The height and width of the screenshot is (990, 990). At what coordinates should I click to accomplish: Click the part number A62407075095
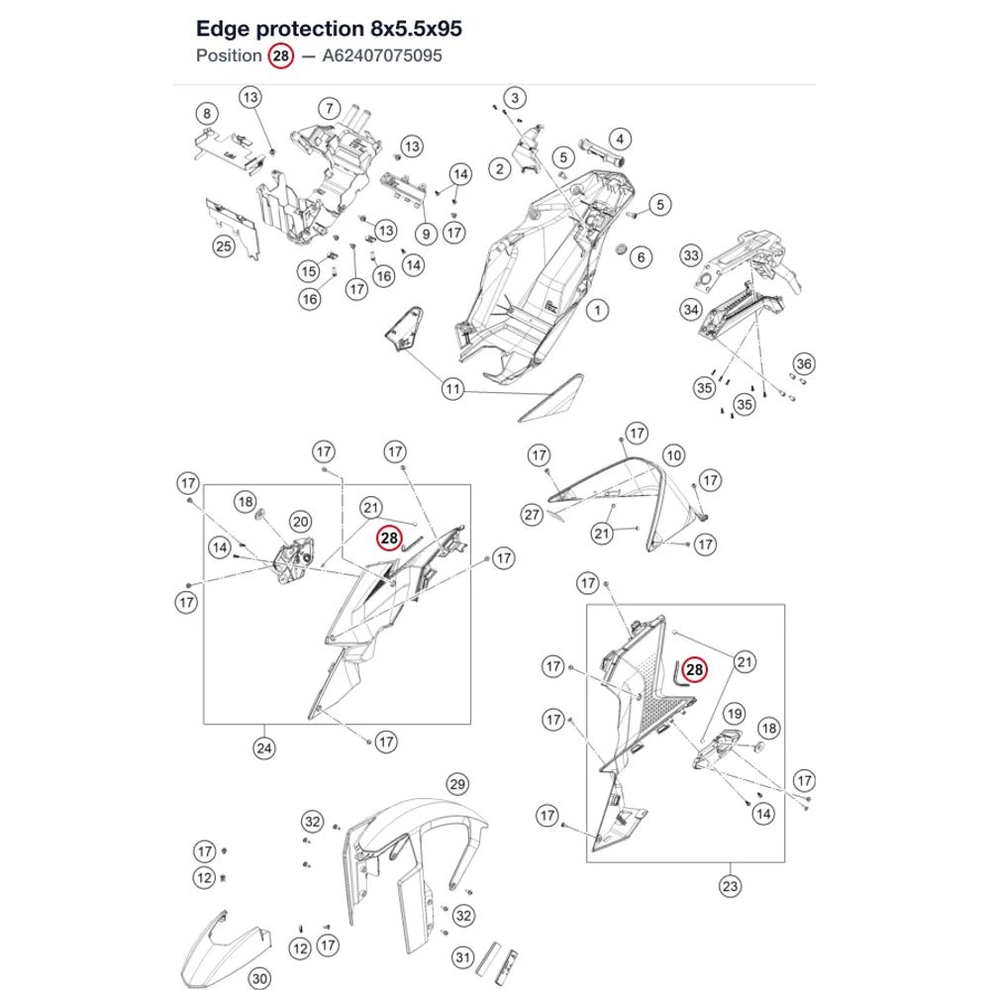coord(382,55)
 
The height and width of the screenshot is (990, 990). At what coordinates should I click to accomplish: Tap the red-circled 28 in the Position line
coord(281,55)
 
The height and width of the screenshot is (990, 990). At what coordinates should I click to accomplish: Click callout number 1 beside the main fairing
coord(597,310)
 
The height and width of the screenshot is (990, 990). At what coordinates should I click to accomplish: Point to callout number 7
coord(329,109)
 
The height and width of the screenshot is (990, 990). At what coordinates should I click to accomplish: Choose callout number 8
coord(207,114)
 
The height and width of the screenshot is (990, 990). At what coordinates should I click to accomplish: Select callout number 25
coord(224,246)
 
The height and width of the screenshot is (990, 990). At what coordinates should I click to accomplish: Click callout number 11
coord(452,388)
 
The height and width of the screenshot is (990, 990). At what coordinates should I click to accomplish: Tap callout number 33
coord(691,255)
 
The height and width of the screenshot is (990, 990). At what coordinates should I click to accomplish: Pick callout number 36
coord(804,363)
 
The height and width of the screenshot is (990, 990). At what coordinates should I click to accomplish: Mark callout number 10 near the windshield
coord(673,455)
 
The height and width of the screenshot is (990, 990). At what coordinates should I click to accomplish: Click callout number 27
coord(533,515)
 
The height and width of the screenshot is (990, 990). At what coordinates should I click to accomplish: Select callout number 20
coord(301,522)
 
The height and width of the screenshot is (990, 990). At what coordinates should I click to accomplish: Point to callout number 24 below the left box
coord(264,748)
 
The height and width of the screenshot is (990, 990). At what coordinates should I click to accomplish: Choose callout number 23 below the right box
coord(730,886)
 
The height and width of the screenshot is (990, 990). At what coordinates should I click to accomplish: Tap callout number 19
coord(734,714)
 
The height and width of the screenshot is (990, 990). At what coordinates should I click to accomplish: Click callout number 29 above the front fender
coord(457,784)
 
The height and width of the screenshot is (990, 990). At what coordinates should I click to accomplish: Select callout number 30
coord(259,979)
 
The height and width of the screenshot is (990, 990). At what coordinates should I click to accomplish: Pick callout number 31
coord(462,957)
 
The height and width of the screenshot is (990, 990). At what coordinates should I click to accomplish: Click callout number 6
coord(641,257)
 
